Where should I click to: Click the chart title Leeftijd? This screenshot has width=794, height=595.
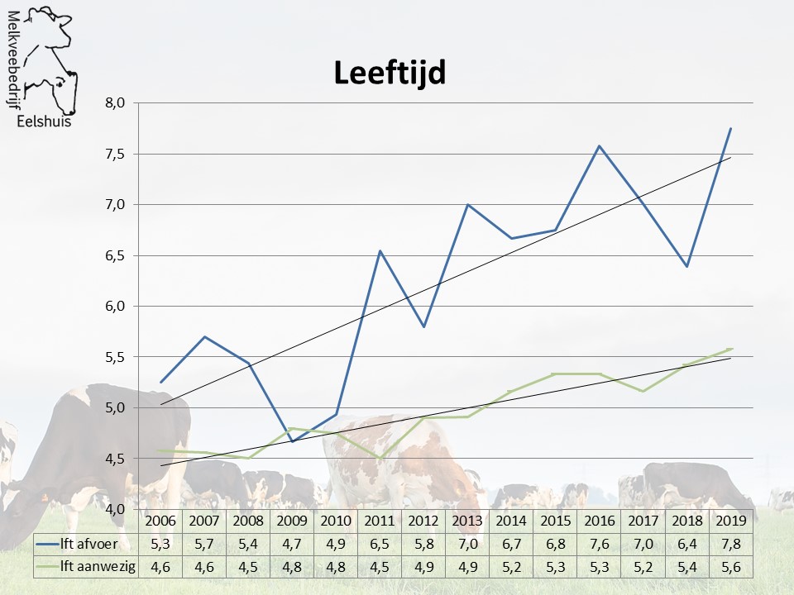coord(390,73)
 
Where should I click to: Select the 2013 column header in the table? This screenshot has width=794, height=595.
coord(467,521)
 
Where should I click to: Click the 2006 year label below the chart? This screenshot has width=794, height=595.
coord(160,521)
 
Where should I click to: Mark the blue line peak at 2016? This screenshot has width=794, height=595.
coord(599,146)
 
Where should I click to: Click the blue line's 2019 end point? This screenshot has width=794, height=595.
coord(731,128)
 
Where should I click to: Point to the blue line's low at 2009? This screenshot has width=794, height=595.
coord(293,441)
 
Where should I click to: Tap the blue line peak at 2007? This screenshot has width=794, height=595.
coord(204,336)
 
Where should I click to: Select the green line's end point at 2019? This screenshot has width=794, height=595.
coord(731,349)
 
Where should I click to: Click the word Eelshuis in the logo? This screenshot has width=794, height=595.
coord(44,121)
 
